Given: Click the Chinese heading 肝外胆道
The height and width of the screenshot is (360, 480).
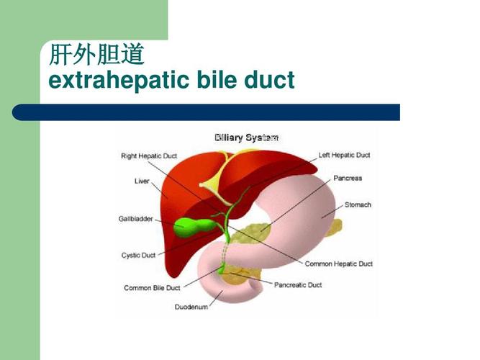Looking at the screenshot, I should [96, 55].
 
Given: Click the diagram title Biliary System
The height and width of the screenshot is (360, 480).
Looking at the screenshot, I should [246, 137].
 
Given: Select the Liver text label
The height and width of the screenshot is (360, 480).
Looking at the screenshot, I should [142, 181].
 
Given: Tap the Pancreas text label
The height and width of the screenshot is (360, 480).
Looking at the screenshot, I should [348, 178].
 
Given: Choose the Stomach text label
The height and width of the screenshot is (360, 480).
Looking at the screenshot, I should [358, 204].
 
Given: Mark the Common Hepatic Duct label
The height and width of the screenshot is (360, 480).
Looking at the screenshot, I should [339, 264].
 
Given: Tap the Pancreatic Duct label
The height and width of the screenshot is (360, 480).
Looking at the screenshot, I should [298, 284].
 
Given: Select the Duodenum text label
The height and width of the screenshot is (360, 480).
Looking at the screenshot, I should [191, 307].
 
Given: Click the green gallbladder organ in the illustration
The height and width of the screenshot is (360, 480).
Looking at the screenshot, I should [189, 228].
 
